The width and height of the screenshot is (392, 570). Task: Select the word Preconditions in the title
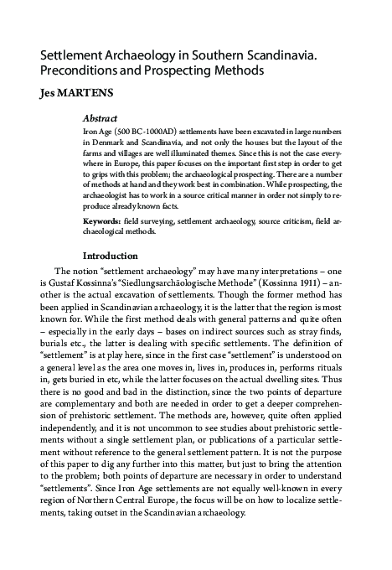tap(80, 71)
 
